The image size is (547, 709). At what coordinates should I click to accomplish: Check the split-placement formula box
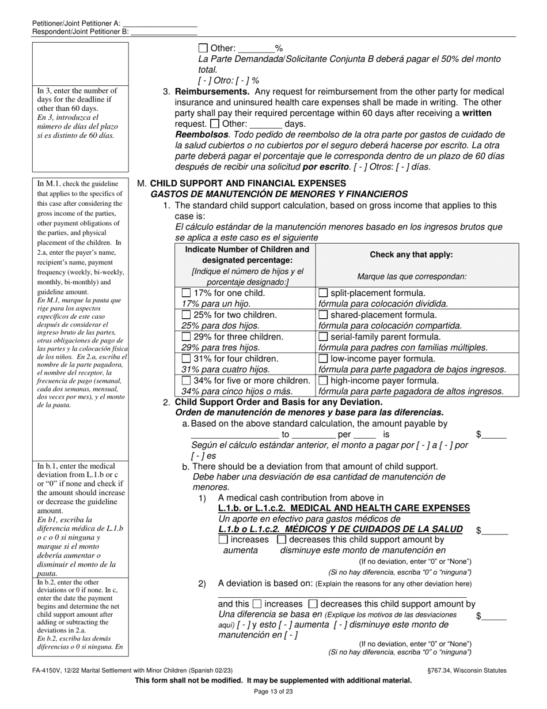324,293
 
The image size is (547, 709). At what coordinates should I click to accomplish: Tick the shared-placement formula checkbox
324,315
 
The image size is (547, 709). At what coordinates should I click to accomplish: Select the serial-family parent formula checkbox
324,337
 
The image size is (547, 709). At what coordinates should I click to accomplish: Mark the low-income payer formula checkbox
324,359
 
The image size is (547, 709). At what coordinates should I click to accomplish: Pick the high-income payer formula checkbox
324,380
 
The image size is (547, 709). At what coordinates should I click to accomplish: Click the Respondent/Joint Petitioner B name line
164,32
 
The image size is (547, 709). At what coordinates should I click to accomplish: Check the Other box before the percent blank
203,48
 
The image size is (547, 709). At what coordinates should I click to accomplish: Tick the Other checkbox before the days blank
215,123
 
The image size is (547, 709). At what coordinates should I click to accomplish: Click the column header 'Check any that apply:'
411,254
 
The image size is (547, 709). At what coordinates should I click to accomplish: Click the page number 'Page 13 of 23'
273,692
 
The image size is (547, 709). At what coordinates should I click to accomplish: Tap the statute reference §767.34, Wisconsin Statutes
464,670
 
